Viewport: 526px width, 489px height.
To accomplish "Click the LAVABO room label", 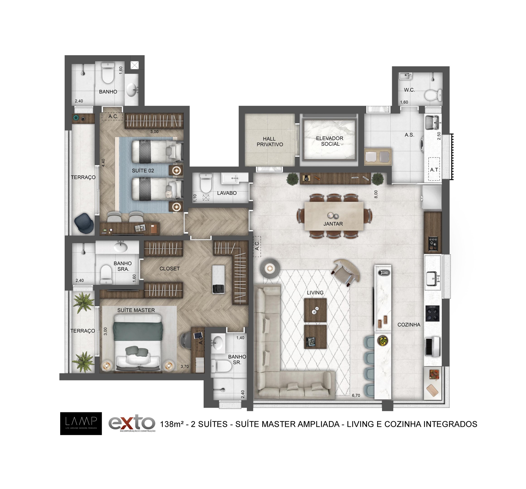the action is point(227,193).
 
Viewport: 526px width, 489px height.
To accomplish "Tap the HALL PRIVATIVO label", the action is point(270,141).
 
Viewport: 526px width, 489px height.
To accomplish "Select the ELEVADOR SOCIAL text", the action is point(330,141).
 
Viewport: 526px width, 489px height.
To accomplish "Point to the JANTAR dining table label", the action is point(333,224).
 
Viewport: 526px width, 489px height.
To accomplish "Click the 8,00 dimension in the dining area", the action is point(376,194).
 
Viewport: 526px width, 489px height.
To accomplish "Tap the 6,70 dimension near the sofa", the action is point(356,396).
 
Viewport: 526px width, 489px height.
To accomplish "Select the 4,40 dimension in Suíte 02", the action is point(103,163).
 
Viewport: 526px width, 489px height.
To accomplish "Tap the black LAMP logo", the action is point(81,424).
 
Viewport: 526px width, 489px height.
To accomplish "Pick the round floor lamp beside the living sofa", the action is point(270,268).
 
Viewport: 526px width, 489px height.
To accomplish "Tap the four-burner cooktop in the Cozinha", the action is point(432,314).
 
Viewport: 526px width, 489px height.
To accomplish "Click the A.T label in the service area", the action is point(434,170).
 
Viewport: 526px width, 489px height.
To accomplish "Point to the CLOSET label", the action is point(170,268).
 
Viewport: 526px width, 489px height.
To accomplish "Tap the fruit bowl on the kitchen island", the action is point(383,340).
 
